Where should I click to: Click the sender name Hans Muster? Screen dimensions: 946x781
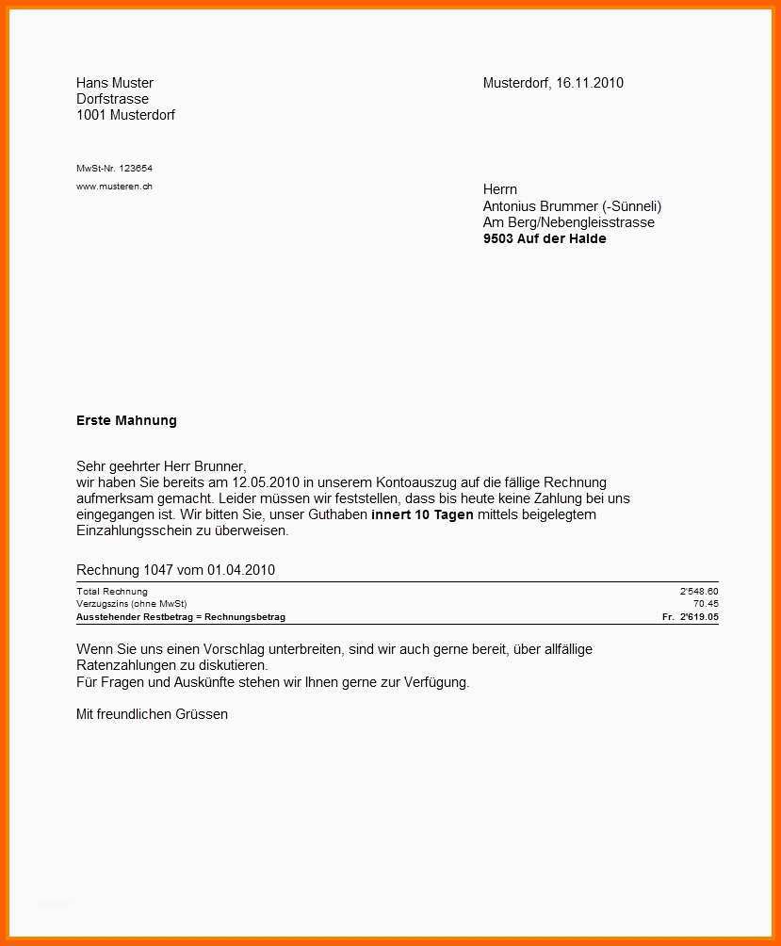(x=114, y=83)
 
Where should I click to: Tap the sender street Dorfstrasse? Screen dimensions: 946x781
(x=112, y=99)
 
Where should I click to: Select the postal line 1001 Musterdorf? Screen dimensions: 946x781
(x=125, y=115)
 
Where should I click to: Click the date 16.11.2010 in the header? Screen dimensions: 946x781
(x=589, y=83)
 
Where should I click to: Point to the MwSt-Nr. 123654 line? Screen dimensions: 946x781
(x=114, y=169)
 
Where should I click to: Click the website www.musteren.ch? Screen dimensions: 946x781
(x=114, y=187)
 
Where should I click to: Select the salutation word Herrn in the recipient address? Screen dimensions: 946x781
(x=499, y=189)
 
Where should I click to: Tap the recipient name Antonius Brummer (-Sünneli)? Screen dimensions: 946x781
(x=572, y=206)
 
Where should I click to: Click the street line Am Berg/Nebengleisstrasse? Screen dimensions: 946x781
(x=568, y=222)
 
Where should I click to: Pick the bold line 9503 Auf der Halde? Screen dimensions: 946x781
(x=545, y=239)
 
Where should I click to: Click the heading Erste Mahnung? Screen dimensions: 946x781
(x=126, y=420)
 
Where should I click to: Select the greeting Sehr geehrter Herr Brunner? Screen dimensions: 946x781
(x=160, y=465)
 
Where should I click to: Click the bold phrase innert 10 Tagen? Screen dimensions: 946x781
(x=422, y=514)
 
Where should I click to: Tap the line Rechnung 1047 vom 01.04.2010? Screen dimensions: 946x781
(x=175, y=570)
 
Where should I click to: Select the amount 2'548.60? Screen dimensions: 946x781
(x=699, y=592)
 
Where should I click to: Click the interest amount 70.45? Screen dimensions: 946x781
(x=706, y=604)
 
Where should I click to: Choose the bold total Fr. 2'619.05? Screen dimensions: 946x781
(x=691, y=617)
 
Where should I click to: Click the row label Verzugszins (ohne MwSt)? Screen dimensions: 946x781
(x=131, y=604)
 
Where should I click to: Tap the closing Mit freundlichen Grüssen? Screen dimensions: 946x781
(x=152, y=714)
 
